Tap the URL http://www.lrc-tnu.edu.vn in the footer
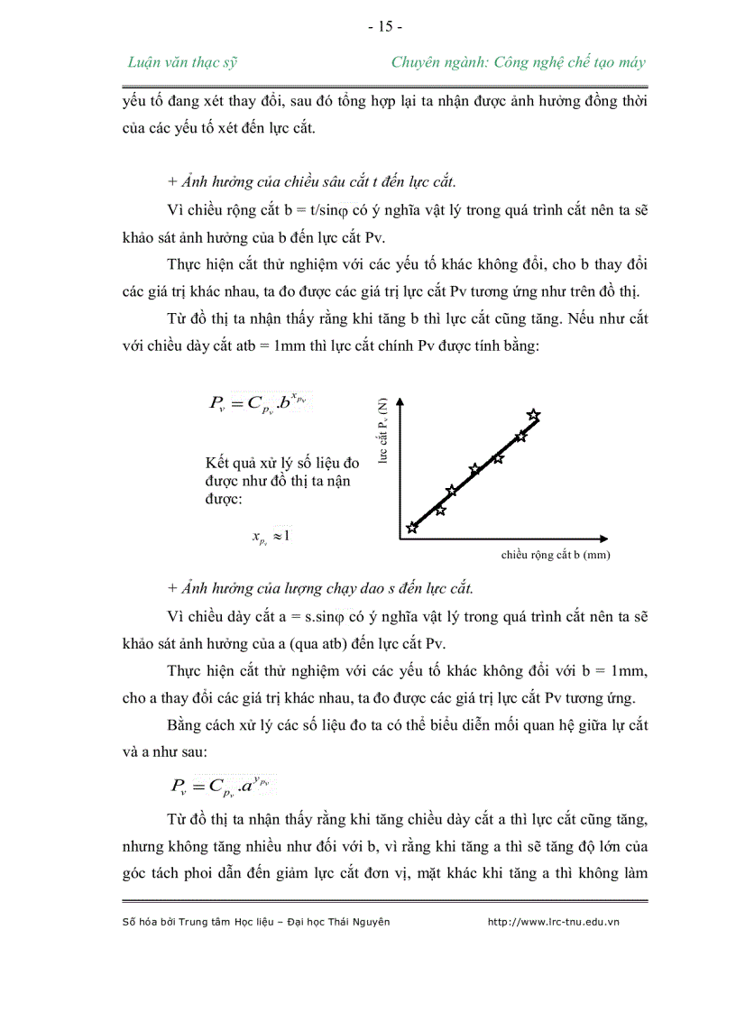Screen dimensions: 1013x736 553,921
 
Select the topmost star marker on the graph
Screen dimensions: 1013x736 533,415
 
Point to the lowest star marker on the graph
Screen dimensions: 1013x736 412,528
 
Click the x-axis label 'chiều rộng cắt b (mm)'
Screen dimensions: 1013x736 555,555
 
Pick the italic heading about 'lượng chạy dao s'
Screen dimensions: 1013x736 320,588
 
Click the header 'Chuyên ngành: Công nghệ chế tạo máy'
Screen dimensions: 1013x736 519,62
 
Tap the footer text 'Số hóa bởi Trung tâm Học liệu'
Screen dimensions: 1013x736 255,921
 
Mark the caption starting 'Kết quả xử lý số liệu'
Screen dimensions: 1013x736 281,480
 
